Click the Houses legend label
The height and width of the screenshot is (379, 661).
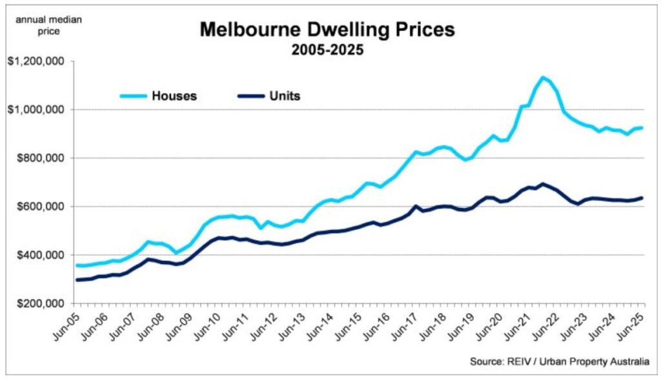pos(174,96)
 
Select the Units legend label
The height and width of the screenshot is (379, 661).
pos(285,96)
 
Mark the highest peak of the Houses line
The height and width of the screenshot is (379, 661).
pos(544,77)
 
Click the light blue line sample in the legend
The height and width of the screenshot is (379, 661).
pos(133,96)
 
